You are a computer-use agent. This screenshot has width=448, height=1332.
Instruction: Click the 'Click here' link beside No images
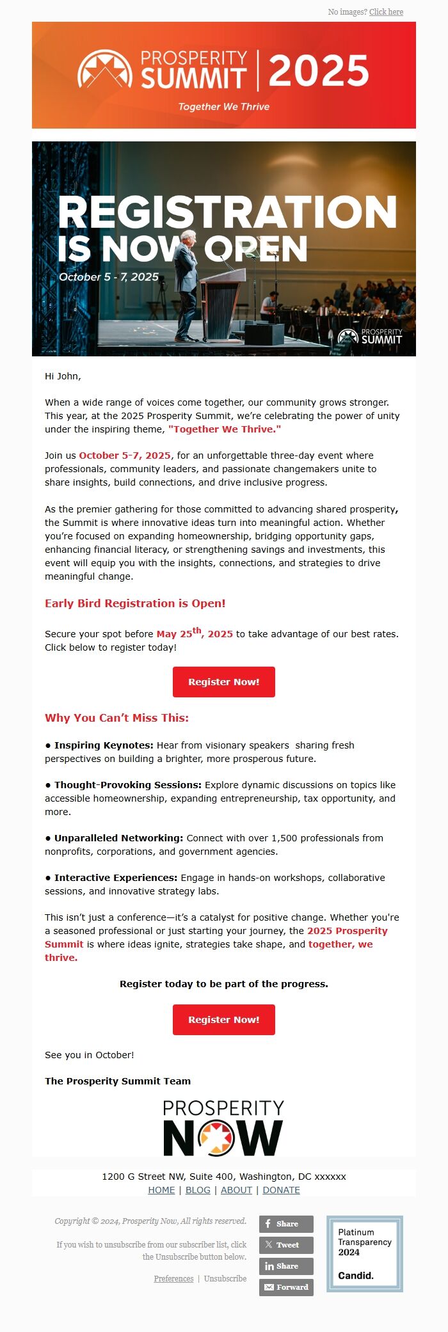click(386, 12)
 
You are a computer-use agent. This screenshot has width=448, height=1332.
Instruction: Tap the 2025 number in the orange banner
click(318, 70)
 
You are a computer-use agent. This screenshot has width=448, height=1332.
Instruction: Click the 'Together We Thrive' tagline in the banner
click(224, 107)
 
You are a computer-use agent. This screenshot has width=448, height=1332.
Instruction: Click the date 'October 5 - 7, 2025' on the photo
click(109, 277)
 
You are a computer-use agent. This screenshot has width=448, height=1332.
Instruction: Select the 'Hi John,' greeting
click(63, 376)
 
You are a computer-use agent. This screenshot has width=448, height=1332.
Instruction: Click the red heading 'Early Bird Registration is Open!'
click(135, 603)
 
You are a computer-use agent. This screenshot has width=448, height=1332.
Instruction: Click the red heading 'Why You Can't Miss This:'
click(116, 718)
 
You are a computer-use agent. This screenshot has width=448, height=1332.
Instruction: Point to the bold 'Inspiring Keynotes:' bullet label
click(104, 745)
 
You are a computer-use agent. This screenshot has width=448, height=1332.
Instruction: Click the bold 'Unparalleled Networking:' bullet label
click(118, 838)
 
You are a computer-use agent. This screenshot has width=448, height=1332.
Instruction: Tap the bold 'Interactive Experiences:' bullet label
click(115, 878)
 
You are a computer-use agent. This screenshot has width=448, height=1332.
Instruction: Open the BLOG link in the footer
click(198, 1190)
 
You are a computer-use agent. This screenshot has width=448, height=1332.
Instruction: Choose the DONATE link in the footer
click(281, 1190)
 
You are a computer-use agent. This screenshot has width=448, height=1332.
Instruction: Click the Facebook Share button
click(286, 1224)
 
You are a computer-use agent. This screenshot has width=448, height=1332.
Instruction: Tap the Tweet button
click(286, 1245)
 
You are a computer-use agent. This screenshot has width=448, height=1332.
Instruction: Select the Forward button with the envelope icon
click(286, 1287)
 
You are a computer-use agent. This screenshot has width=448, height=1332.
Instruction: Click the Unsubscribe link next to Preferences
click(225, 1278)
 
